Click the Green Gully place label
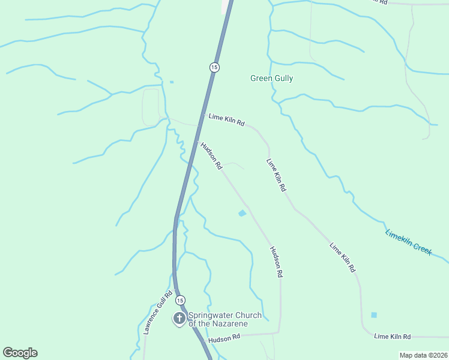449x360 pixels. click(271, 79)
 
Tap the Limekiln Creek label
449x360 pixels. click(408, 242)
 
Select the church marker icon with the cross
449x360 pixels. click(179, 319)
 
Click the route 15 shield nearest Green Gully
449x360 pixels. click(214, 67)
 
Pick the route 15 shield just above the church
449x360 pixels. click(181, 299)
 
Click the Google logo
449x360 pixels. click(20, 353)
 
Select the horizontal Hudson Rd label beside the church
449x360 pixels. click(224, 339)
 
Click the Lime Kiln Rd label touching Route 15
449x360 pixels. click(226, 120)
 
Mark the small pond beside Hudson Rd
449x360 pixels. click(242, 213)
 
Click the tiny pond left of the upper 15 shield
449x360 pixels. click(172, 82)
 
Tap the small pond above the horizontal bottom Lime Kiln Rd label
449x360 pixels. click(374, 314)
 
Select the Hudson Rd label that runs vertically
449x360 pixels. click(276, 262)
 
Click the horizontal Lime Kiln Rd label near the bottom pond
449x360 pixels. click(392, 337)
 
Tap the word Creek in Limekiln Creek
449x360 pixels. click(421, 249)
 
